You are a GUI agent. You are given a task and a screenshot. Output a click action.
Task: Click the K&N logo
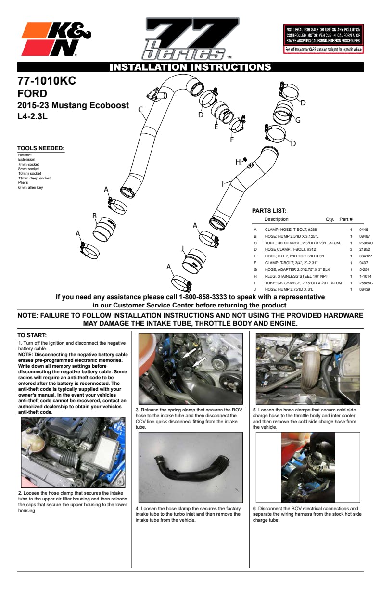pos(56,39)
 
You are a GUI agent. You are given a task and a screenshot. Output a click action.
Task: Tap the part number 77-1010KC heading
pos(47,81)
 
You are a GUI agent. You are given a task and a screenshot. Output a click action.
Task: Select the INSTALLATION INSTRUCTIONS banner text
pos(190,67)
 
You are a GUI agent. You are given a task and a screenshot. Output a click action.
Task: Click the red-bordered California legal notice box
pos(324,38)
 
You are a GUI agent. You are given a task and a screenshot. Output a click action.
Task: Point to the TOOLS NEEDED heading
pos(41,148)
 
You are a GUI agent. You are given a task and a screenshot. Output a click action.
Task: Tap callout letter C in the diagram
pos(141,110)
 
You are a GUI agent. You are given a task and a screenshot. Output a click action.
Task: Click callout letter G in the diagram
pos(298,120)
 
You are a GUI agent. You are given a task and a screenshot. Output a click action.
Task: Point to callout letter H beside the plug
pos(238,162)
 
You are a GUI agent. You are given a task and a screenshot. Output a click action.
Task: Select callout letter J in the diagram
pos(183,248)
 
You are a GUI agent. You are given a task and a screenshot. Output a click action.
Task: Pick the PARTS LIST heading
pos(269,210)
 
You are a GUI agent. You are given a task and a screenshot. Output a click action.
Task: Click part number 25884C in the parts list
pos(367,243)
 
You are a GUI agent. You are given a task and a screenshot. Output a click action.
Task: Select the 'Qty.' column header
pos(330,219)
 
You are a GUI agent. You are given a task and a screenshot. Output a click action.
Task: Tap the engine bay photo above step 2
pos(73,453)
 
